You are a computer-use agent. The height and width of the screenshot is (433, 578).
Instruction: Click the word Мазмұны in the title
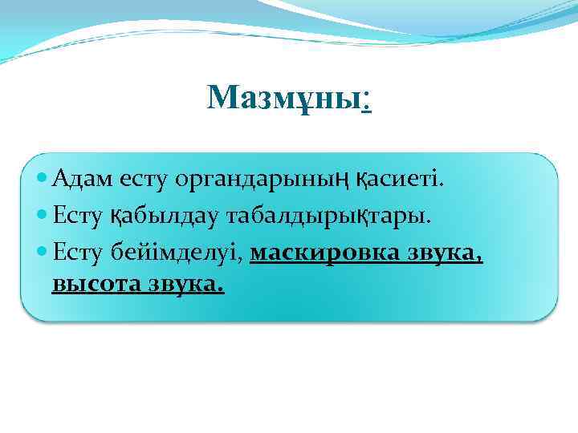(x=283, y=98)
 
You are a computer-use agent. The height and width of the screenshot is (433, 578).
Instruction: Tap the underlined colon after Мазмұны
(x=366, y=99)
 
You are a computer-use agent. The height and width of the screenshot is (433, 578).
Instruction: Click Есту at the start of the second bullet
(x=77, y=215)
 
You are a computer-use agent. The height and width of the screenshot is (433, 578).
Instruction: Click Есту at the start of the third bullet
(x=77, y=253)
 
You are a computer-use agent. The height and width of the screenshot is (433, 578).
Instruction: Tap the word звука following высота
(x=187, y=284)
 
